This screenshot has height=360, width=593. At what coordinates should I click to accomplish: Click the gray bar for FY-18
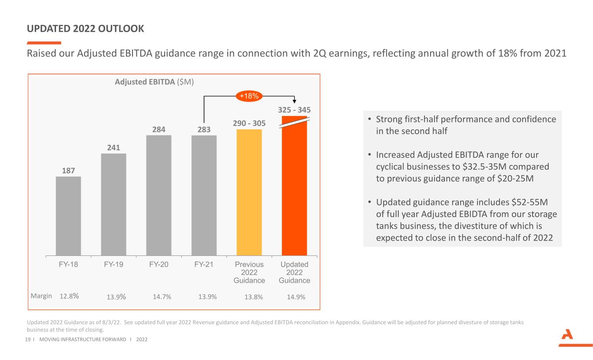(x=68, y=215)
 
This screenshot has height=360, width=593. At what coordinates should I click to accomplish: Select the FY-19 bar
(x=113, y=204)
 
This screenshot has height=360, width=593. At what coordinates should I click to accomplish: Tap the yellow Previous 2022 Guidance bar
(x=249, y=192)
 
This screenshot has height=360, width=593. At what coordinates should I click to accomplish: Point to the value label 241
(x=114, y=147)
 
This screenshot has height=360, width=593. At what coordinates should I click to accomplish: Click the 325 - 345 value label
(x=294, y=110)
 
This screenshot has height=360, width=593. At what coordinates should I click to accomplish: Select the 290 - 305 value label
(x=249, y=123)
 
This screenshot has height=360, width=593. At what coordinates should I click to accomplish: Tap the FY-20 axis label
(x=159, y=264)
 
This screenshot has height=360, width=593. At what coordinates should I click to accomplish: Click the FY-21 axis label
(x=204, y=264)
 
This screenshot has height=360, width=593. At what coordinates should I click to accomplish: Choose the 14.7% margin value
(x=162, y=297)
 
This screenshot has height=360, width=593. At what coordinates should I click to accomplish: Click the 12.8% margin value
(x=69, y=297)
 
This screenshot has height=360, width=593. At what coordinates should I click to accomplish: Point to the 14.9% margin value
(x=296, y=297)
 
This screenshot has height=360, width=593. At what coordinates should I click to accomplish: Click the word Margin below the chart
(x=41, y=296)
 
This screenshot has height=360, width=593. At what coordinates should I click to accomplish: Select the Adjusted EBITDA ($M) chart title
(x=155, y=82)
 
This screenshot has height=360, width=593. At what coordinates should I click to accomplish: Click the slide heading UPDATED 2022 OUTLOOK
(x=86, y=29)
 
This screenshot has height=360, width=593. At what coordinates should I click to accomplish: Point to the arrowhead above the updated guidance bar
(x=294, y=102)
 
